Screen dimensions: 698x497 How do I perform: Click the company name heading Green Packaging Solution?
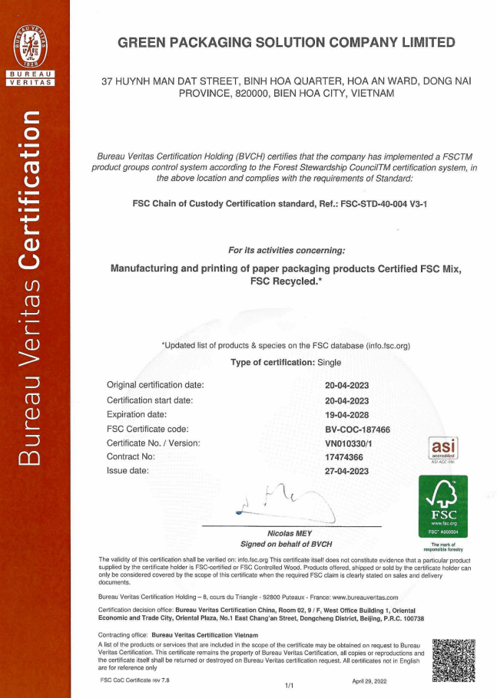pos(287,43)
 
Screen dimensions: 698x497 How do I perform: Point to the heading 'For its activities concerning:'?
pos(287,250)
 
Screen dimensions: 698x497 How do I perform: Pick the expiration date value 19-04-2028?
pos(346,415)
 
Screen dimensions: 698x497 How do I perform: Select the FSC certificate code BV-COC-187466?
pos(357,429)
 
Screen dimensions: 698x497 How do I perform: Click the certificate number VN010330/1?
pos(350,443)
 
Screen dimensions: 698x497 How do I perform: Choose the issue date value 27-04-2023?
pos(346,471)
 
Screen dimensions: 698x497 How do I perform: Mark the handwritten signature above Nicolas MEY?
pos(284,502)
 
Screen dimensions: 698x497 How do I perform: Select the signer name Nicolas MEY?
pos(290,533)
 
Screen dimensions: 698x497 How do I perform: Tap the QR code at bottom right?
pos(453,659)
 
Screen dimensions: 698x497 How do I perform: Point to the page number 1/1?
pos(290,685)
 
